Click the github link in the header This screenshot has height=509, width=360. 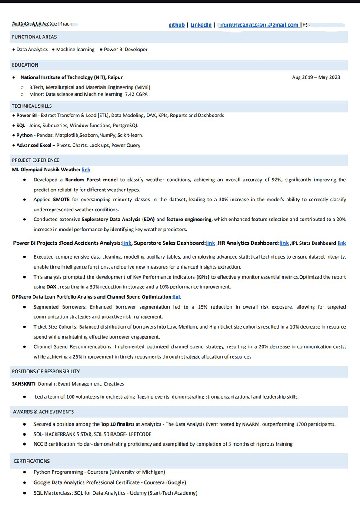pos(177,25)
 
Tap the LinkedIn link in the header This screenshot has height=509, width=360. pos(201,25)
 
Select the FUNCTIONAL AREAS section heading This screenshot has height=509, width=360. pos(34,37)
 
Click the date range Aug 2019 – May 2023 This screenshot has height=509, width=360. pos(316,77)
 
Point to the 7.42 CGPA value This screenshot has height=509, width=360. pos(137,94)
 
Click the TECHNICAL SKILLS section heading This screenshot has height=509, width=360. pos(32,106)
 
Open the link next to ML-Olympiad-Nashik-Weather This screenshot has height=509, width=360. pos(86,170)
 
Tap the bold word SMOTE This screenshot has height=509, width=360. pos(61,200)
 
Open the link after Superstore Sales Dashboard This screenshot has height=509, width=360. pos(210,243)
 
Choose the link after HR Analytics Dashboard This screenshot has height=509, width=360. pos(284,243)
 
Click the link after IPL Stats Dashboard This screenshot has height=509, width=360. pos(342,243)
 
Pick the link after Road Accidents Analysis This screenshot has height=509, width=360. pos(127,243)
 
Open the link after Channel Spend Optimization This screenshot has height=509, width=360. pos(177,297)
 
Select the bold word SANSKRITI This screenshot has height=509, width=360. pos(23,384)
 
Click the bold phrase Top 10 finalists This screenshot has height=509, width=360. pos(117,424)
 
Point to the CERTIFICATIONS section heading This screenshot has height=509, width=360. pos(32,461)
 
